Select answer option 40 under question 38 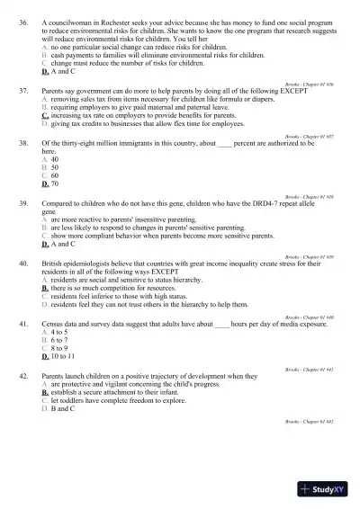point(54,159)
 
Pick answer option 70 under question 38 point(55,183)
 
